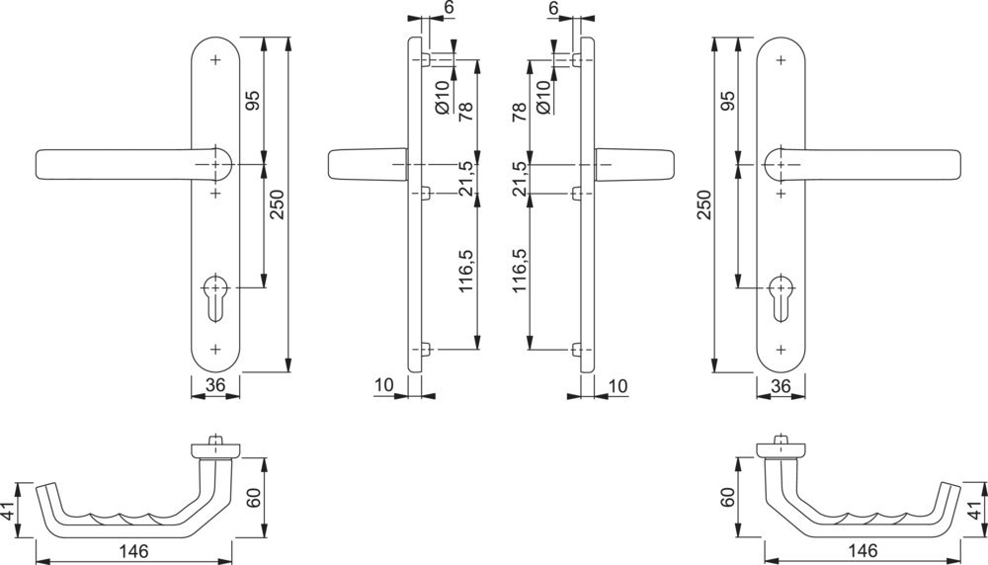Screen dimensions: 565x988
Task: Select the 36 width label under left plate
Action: tap(216, 385)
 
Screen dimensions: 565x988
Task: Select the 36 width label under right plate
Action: tap(782, 385)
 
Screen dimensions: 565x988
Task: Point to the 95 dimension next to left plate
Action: tap(253, 100)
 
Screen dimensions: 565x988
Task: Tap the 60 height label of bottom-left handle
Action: tap(255, 499)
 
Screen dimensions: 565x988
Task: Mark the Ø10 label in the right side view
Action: tap(542, 97)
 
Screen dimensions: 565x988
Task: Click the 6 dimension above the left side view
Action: tap(448, 8)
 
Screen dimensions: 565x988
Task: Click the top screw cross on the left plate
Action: tap(216, 59)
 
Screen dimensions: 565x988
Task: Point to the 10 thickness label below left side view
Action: tap(385, 384)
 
